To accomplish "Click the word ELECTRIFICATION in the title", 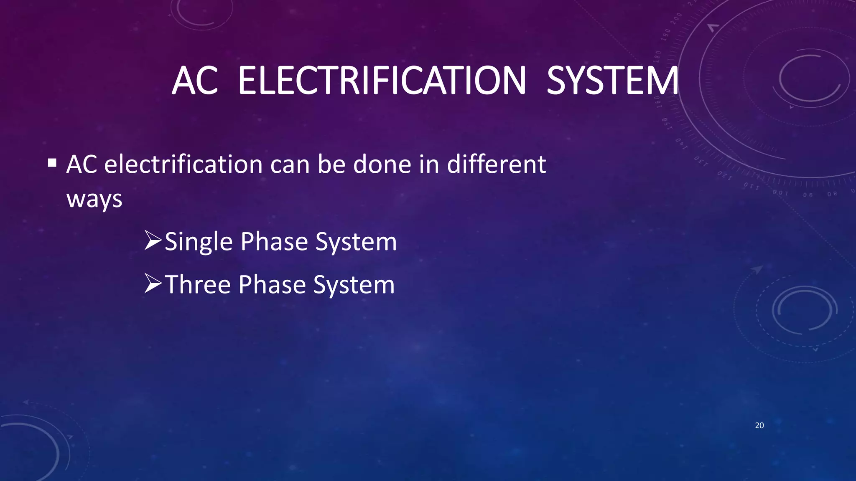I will tap(382, 81).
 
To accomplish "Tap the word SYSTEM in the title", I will tap(612, 81).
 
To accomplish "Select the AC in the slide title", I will tap(195, 81).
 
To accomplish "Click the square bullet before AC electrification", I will tap(52, 162).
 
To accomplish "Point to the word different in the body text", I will tap(496, 164).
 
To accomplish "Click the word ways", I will tap(94, 199).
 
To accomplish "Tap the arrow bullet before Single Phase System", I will tap(153, 241).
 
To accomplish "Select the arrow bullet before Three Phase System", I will tap(153, 284).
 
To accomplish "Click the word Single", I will tap(199, 242).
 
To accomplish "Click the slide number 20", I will tap(759, 425).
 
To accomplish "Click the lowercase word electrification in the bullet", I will tap(183, 164).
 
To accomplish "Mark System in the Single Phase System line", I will tap(356, 243).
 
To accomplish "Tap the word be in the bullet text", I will tap(331, 164).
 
